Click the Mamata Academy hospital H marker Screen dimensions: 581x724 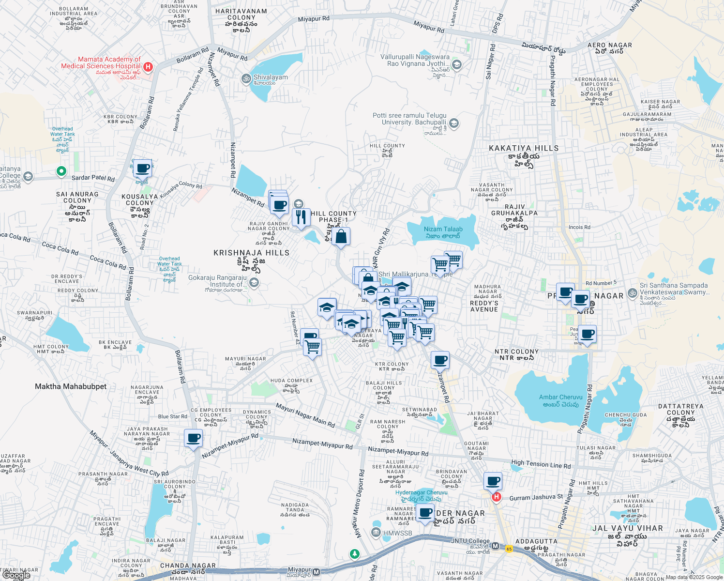[x=148, y=66]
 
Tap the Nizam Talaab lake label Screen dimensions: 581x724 [x=443, y=232]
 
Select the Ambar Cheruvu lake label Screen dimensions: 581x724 [x=560, y=400]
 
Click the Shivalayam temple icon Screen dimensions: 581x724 [x=246, y=77]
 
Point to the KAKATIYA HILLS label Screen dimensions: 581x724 [x=524, y=148]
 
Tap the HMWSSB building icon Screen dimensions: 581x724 [x=376, y=533]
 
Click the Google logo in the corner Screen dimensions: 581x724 [x=16, y=575]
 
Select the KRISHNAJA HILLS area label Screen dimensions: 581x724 [x=252, y=253]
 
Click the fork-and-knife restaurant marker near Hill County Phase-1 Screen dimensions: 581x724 [x=301, y=217]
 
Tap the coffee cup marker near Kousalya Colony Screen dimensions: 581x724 [x=142, y=169]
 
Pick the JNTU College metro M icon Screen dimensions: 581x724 [x=495, y=546]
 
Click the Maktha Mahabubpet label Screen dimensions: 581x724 [x=71, y=386]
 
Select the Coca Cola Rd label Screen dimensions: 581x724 [x=60, y=249]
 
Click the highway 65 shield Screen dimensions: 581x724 [x=509, y=549]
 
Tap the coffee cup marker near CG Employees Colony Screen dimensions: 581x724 [x=194, y=439]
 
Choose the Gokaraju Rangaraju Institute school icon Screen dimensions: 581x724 [x=254, y=283]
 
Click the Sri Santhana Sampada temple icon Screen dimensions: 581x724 [x=632, y=293]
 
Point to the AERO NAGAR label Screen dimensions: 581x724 [x=610, y=46]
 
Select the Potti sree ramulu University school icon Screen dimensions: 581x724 [x=453, y=123]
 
